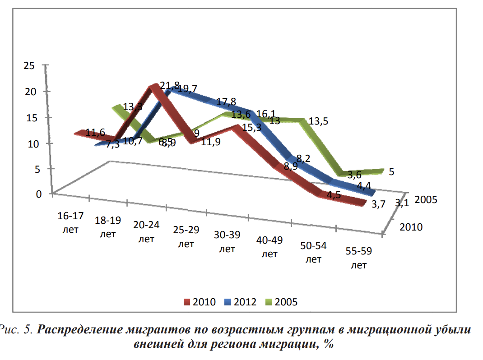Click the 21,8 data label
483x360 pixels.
170,86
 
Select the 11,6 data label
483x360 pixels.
95,133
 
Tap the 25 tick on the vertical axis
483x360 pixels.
28,65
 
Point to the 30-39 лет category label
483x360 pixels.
228,242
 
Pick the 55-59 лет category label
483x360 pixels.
358,258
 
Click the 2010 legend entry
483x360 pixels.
199,302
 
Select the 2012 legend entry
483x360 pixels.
240,302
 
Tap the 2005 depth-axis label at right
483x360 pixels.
425,200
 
